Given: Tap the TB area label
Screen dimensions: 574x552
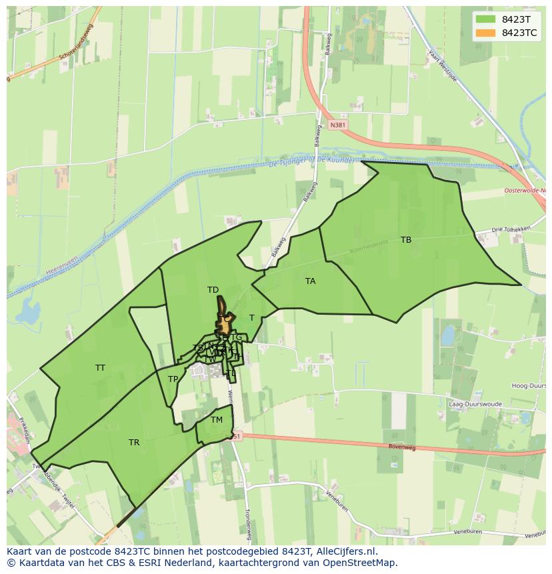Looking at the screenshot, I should [406, 240].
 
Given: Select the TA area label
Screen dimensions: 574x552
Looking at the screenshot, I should [310, 281].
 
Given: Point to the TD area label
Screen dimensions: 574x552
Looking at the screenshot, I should [213, 290].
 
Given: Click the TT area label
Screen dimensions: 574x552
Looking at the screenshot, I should [100, 368].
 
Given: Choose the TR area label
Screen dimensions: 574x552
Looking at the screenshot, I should [134, 443].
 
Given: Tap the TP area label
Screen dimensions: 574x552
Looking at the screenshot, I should [173, 379].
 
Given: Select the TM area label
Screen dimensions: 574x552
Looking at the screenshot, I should [216, 420].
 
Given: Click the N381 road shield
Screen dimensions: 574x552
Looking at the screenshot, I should [338, 125].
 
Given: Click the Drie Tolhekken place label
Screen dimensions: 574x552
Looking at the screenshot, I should [510, 229].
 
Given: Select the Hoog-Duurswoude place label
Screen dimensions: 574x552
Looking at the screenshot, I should [529, 386].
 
